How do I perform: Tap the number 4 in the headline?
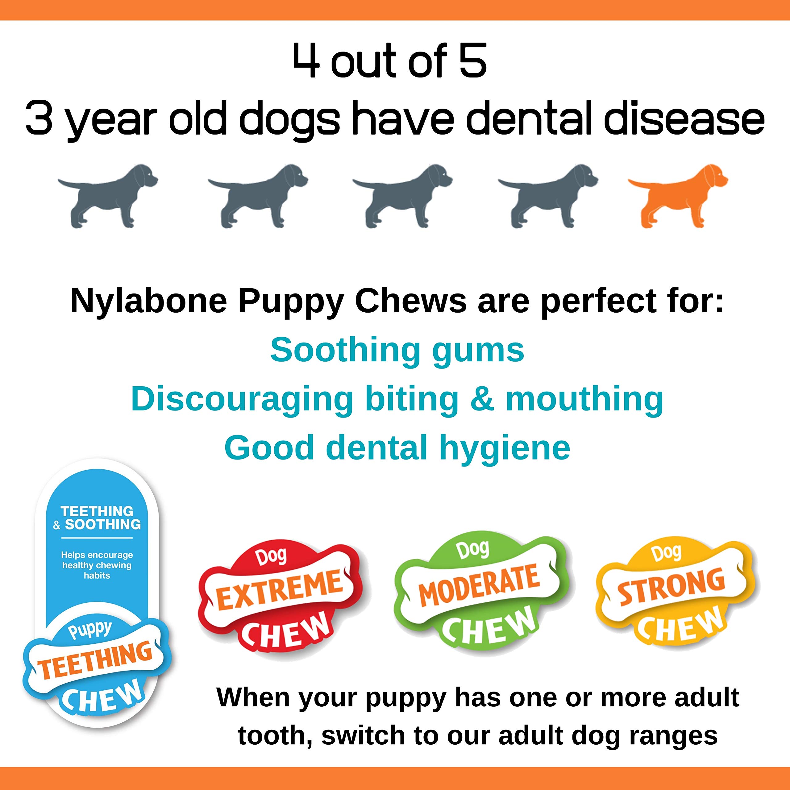[x=306, y=61]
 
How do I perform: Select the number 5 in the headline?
[x=473, y=61]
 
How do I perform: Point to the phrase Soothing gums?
[x=397, y=351]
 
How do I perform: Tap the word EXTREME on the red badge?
[x=281, y=590]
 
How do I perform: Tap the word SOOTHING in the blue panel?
[x=103, y=525]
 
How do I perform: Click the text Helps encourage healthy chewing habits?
[x=97, y=565]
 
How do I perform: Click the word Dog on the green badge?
[x=473, y=550]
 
